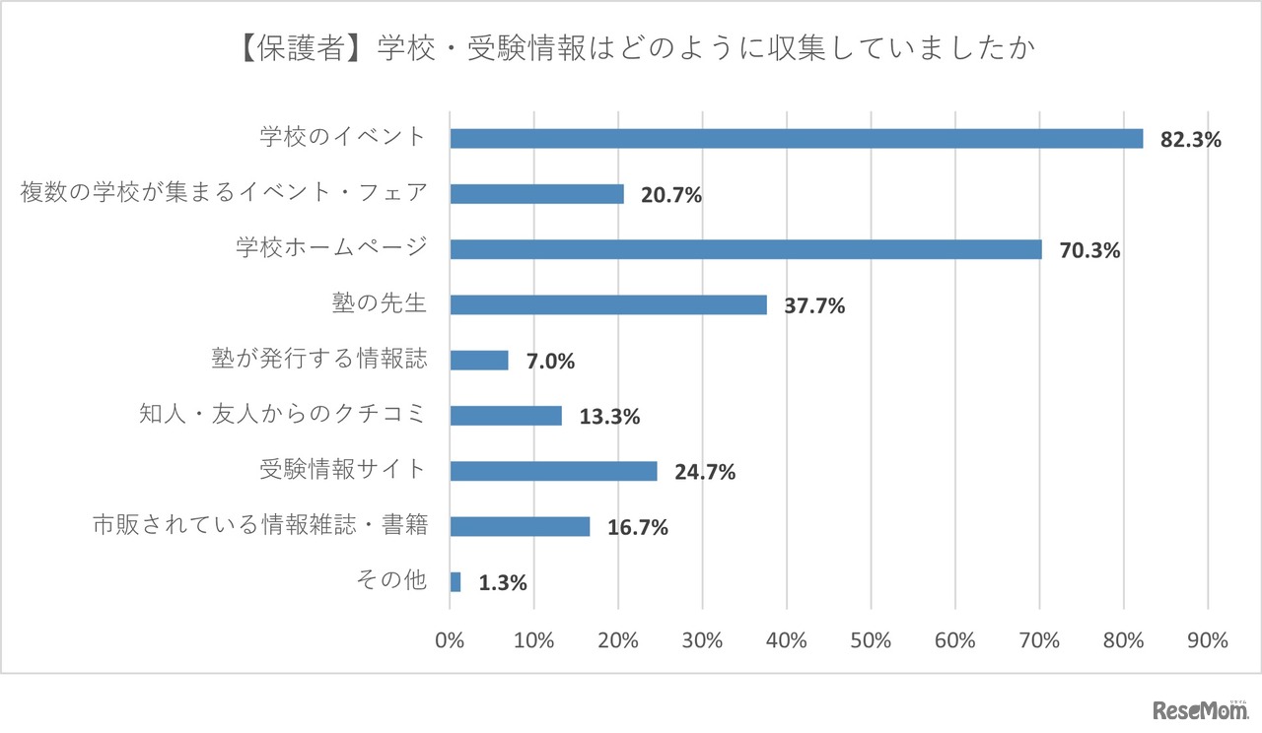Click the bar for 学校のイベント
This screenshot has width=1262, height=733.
[796, 138]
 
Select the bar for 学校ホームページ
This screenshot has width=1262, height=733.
[745, 249]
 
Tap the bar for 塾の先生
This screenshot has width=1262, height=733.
[607, 304]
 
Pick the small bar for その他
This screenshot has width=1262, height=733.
[456, 582]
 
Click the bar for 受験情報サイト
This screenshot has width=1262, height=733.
[553, 471]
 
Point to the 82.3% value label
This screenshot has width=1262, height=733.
[1190, 140]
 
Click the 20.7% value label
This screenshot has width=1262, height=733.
[671, 195]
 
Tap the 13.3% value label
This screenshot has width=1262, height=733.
[608, 417]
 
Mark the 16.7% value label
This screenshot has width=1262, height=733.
[637, 528]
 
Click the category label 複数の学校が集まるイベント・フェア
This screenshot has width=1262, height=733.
[224, 192]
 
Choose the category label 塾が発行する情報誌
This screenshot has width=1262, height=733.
[319, 359]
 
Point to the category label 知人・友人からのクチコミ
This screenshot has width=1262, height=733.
[283, 414]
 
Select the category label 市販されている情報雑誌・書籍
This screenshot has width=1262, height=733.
[259, 525]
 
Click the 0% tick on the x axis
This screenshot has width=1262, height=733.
[450, 639]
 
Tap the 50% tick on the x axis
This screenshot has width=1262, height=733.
[871, 639]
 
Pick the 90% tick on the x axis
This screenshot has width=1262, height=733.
[1207, 639]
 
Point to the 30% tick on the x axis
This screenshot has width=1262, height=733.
[702, 639]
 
